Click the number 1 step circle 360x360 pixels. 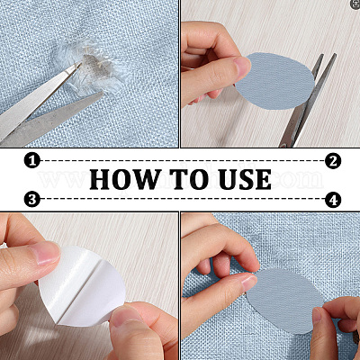pyautogui.click(x=32, y=160)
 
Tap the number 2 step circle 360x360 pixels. pyautogui.click(x=333, y=161)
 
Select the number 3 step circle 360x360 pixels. pyautogui.click(x=32, y=199)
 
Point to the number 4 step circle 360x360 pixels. pyautogui.click(x=333, y=200)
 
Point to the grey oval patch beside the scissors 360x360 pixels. pyautogui.click(x=275, y=81)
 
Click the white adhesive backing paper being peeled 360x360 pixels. pyautogui.click(x=83, y=286)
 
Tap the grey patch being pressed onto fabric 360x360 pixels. pyautogui.click(x=285, y=301)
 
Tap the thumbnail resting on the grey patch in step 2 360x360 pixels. pyautogui.click(x=241, y=65)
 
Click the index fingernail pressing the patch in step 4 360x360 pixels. pyautogui.click(x=248, y=283)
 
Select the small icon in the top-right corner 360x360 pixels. pyautogui.click(x=355, y=4)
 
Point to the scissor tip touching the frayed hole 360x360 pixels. pyautogui.click(x=80, y=64)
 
